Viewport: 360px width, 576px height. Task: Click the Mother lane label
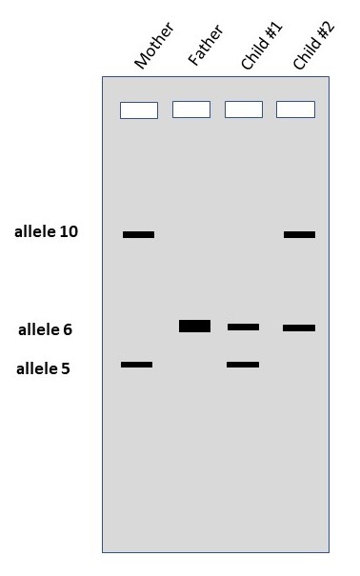point(153,45)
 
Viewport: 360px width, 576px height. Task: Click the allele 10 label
point(46,231)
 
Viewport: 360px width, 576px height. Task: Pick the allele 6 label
point(45,330)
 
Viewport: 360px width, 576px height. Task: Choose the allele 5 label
point(43,368)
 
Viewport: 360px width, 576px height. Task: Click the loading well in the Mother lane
point(139,110)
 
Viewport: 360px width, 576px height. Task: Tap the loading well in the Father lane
point(191,109)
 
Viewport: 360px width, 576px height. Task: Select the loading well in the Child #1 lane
point(244,109)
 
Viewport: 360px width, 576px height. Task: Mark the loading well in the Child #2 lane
point(295,109)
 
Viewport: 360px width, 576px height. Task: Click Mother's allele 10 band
point(138,234)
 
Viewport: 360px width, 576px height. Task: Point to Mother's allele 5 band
point(136,365)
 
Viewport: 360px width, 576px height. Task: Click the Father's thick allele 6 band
point(194,327)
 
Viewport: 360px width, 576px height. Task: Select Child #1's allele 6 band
point(243,328)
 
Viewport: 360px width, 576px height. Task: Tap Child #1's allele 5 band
point(243,365)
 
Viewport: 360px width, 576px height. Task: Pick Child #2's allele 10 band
point(299,234)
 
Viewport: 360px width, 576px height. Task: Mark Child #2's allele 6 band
point(299,328)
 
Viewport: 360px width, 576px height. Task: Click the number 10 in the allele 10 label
point(69,231)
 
